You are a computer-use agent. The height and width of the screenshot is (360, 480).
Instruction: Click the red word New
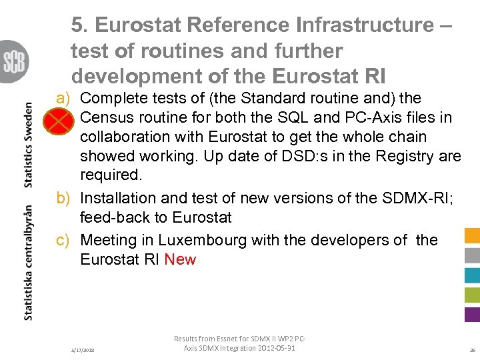coord(180,259)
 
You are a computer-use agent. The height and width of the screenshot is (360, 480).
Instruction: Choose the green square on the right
coord(471,295)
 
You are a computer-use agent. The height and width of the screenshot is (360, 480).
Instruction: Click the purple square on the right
coord(471,314)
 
